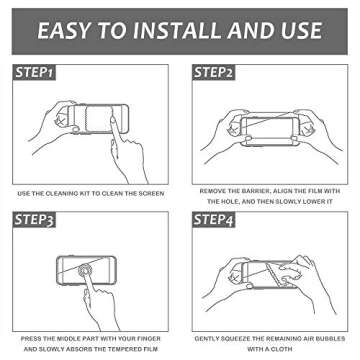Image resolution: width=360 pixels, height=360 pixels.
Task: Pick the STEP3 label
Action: point(35,217)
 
